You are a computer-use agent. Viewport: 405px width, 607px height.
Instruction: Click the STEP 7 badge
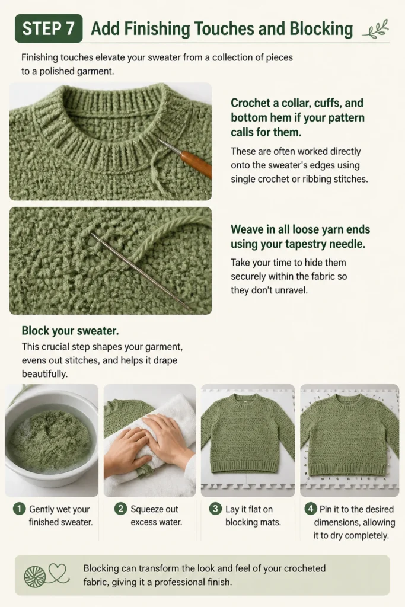[49, 28]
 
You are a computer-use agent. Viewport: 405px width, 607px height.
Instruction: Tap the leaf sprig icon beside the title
[375, 30]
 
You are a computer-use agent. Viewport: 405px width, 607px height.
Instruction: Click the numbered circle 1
[19, 509]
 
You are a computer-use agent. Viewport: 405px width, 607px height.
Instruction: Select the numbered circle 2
[120, 509]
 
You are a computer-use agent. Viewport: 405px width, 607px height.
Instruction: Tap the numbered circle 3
[215, 509]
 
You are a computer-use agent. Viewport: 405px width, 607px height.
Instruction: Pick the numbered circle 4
[311, 509]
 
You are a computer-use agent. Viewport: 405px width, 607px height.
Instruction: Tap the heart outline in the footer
[58, 572]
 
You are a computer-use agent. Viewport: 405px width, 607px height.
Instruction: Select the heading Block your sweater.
[70, 331]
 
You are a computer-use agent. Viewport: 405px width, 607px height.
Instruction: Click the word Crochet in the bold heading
[250, 103]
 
